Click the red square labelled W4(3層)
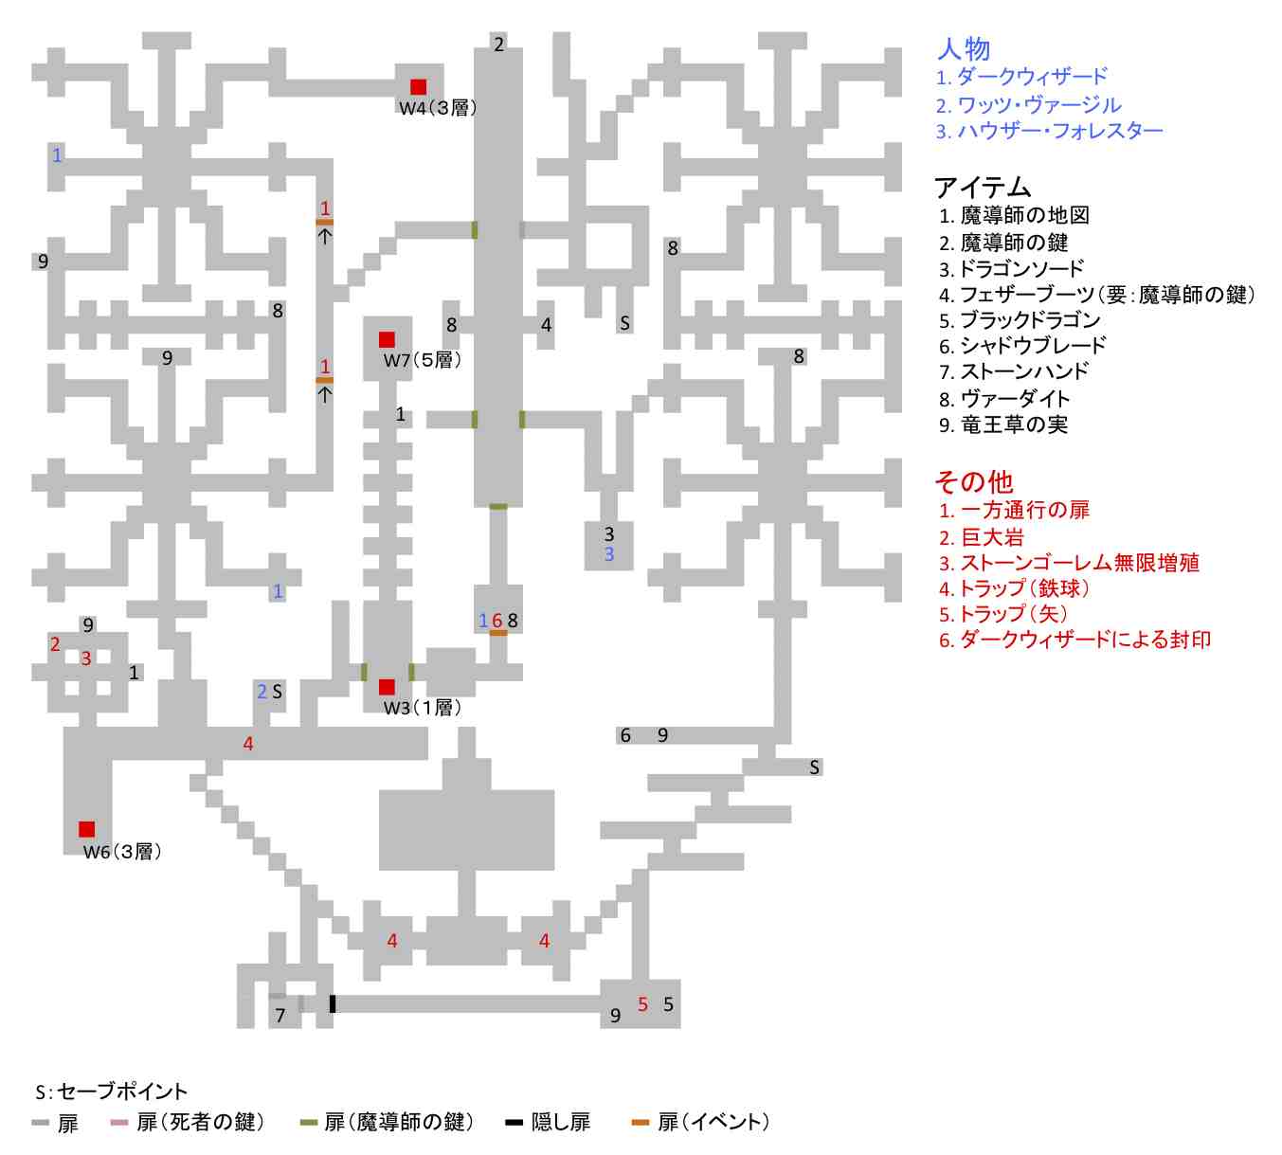coord(418,87)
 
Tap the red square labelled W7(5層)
coord(387,339)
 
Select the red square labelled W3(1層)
coord(387,687)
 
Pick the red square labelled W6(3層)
coord(87,829)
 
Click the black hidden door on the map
coord(333,1003)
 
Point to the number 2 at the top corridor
coord(499,45)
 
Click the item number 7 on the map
coord(280,1016)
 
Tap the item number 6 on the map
coord(625,735)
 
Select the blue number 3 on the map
coord(609,554)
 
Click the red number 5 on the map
coord(642,1004)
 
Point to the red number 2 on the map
coord(55,644)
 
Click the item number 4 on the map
coord(546,325)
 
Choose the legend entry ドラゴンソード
coord(1012,269)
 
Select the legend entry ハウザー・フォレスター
coord(1050,131)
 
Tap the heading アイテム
coord(983,187)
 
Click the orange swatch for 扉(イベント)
coord(641,1123)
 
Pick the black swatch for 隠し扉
coord(514,1123)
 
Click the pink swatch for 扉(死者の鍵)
coord(119,1123)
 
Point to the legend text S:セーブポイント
coord(112,1092)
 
